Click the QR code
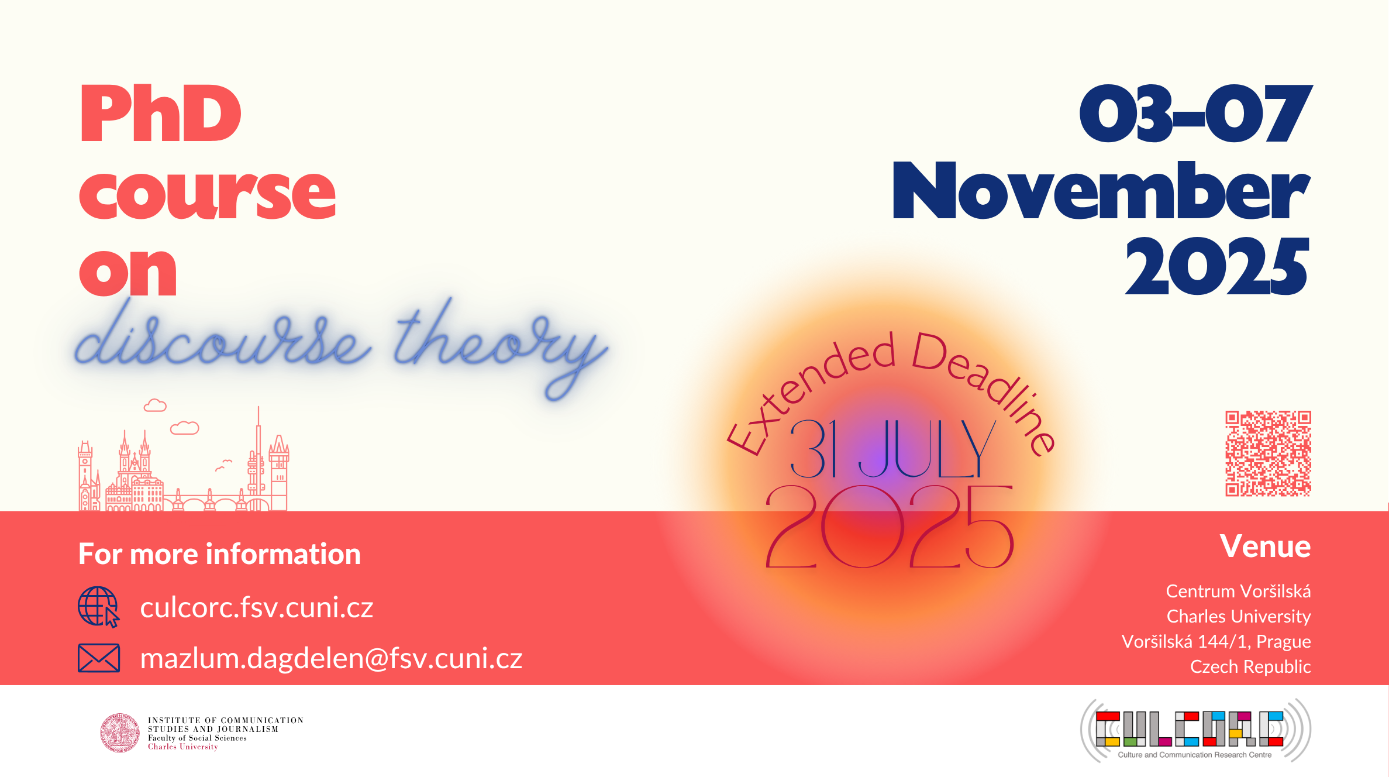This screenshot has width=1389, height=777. pyautogui.click(x=1268, y=453)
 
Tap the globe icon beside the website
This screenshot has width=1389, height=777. pyautogui.click(x=99, y=607)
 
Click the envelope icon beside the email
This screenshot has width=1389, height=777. pyautogui.click(x=99, y=658)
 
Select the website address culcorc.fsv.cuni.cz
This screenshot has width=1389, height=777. pyautogui.click(x=257, y=607)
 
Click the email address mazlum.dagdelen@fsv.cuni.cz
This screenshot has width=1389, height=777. pyautogui.click(x=331, y=658)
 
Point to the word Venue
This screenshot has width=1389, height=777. pyautogui.click(x=1265, y=546)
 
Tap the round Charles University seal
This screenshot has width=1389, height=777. pyautogui.click(x=120, y=733)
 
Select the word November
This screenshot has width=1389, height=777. pyautogui.click(x=1101, y=191)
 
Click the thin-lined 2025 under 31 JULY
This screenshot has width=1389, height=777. pyautogui.click(x=890, y=527)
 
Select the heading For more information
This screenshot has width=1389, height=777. pyautogui.click(x=220, y=554)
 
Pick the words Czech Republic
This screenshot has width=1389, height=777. pyautogui.click(x=1251, y=667)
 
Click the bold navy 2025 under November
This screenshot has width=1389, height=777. pyautogui.click(x=1217, y=266)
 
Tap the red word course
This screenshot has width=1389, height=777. pyautogui.click(x=208, y=193)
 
